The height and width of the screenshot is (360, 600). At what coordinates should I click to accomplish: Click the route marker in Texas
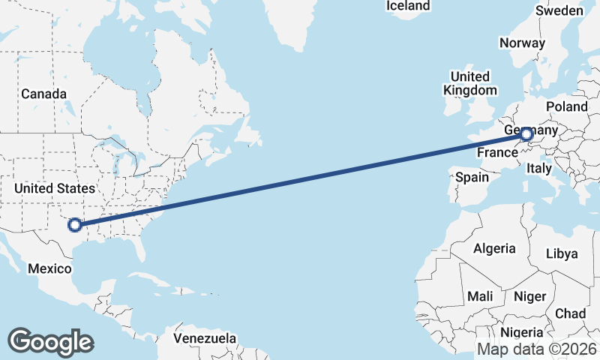pyautogui.click(x=74, y=223)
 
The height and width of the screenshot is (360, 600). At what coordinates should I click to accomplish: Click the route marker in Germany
pyautogui.click(x=526, y=134)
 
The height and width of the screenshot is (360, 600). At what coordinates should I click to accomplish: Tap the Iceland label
pyautogui.click(x=408, y=6)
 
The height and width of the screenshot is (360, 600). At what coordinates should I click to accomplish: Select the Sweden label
pyautogui.click(x=559, y=10)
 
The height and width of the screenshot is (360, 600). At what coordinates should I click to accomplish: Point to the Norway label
pyautogui.click(x=522, y=43)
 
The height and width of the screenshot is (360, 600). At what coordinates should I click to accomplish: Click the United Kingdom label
pyautogui.click(x=470, y=83)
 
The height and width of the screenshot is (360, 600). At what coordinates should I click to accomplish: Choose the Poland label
pyautogui.click(x=567, y=107)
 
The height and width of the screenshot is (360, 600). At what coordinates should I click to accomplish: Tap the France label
pyautogui.click(x=497, y=152)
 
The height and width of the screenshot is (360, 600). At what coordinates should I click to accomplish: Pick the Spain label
pyautogui.click(x=472, y=178)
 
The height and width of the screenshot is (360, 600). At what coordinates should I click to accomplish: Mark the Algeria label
pyautogui.click(x=494, y=248)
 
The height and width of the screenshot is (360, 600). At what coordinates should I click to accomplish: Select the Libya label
pyautogui.click(x=562, y=253)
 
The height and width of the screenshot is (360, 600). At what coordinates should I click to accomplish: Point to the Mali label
pyautogui.click(x=480, y=296)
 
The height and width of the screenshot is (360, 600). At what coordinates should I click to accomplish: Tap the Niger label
pyautogui.click(x=529, y=296)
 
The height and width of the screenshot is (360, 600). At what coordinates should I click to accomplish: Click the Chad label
pyautogui.click(x=571, y=313)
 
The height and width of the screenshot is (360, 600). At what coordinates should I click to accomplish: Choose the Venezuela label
pyautogui.click(x=205, y=338)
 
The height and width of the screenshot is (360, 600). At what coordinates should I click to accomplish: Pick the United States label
pyautogui.click(x=55, y=188)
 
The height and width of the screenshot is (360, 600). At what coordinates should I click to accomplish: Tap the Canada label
pyautogui.click(x=43, y=94)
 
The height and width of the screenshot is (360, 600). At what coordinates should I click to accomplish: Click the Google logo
pyautogui.click(x=50, y=341)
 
